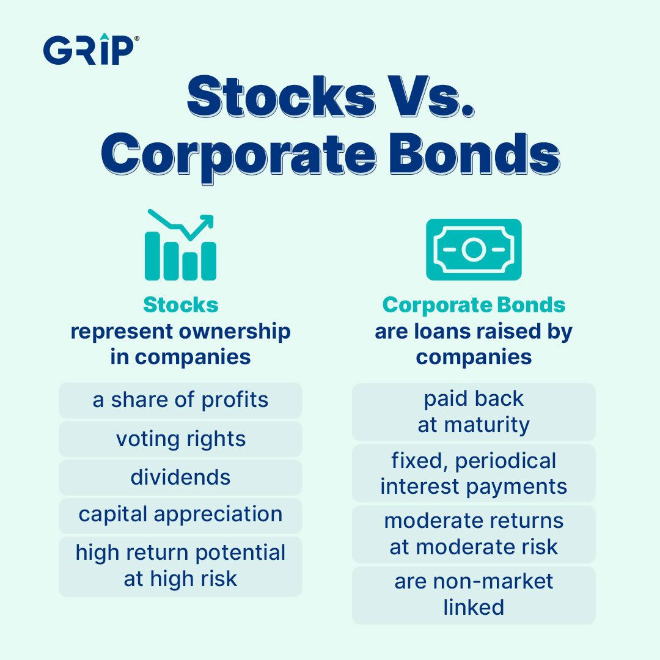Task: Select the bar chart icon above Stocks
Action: point(180,244)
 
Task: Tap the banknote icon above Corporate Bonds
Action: point(474,249)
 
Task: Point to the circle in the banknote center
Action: point(474,249)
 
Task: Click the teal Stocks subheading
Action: point(180,305)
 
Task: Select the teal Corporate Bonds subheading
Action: point(474,305)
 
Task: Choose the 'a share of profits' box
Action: point(180,400)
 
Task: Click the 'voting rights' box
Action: point(180,439)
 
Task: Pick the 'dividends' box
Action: point(180,477)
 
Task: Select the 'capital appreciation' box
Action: point(180,516)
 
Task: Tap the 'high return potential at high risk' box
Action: point(180,566)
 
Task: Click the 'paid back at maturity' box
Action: point(474,412)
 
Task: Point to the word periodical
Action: point(505,461)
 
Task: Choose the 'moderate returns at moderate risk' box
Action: point(474,534)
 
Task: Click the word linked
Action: point(474,607)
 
